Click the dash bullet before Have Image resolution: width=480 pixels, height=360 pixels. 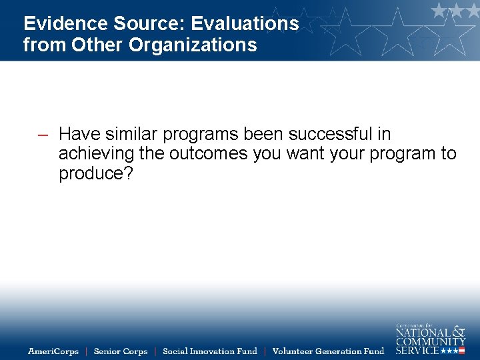[43, 135]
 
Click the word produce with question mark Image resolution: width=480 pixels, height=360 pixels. [96, 174]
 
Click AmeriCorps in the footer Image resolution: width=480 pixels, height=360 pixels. [53, 351]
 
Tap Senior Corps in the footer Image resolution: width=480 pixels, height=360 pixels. [121, 351]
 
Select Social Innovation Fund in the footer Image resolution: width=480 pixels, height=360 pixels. [210, 351]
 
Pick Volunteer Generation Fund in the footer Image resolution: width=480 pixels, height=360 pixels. [329, 351]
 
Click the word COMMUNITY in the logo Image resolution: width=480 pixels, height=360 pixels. [431, 341]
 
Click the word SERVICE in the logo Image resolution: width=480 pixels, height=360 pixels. [417, 350]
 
